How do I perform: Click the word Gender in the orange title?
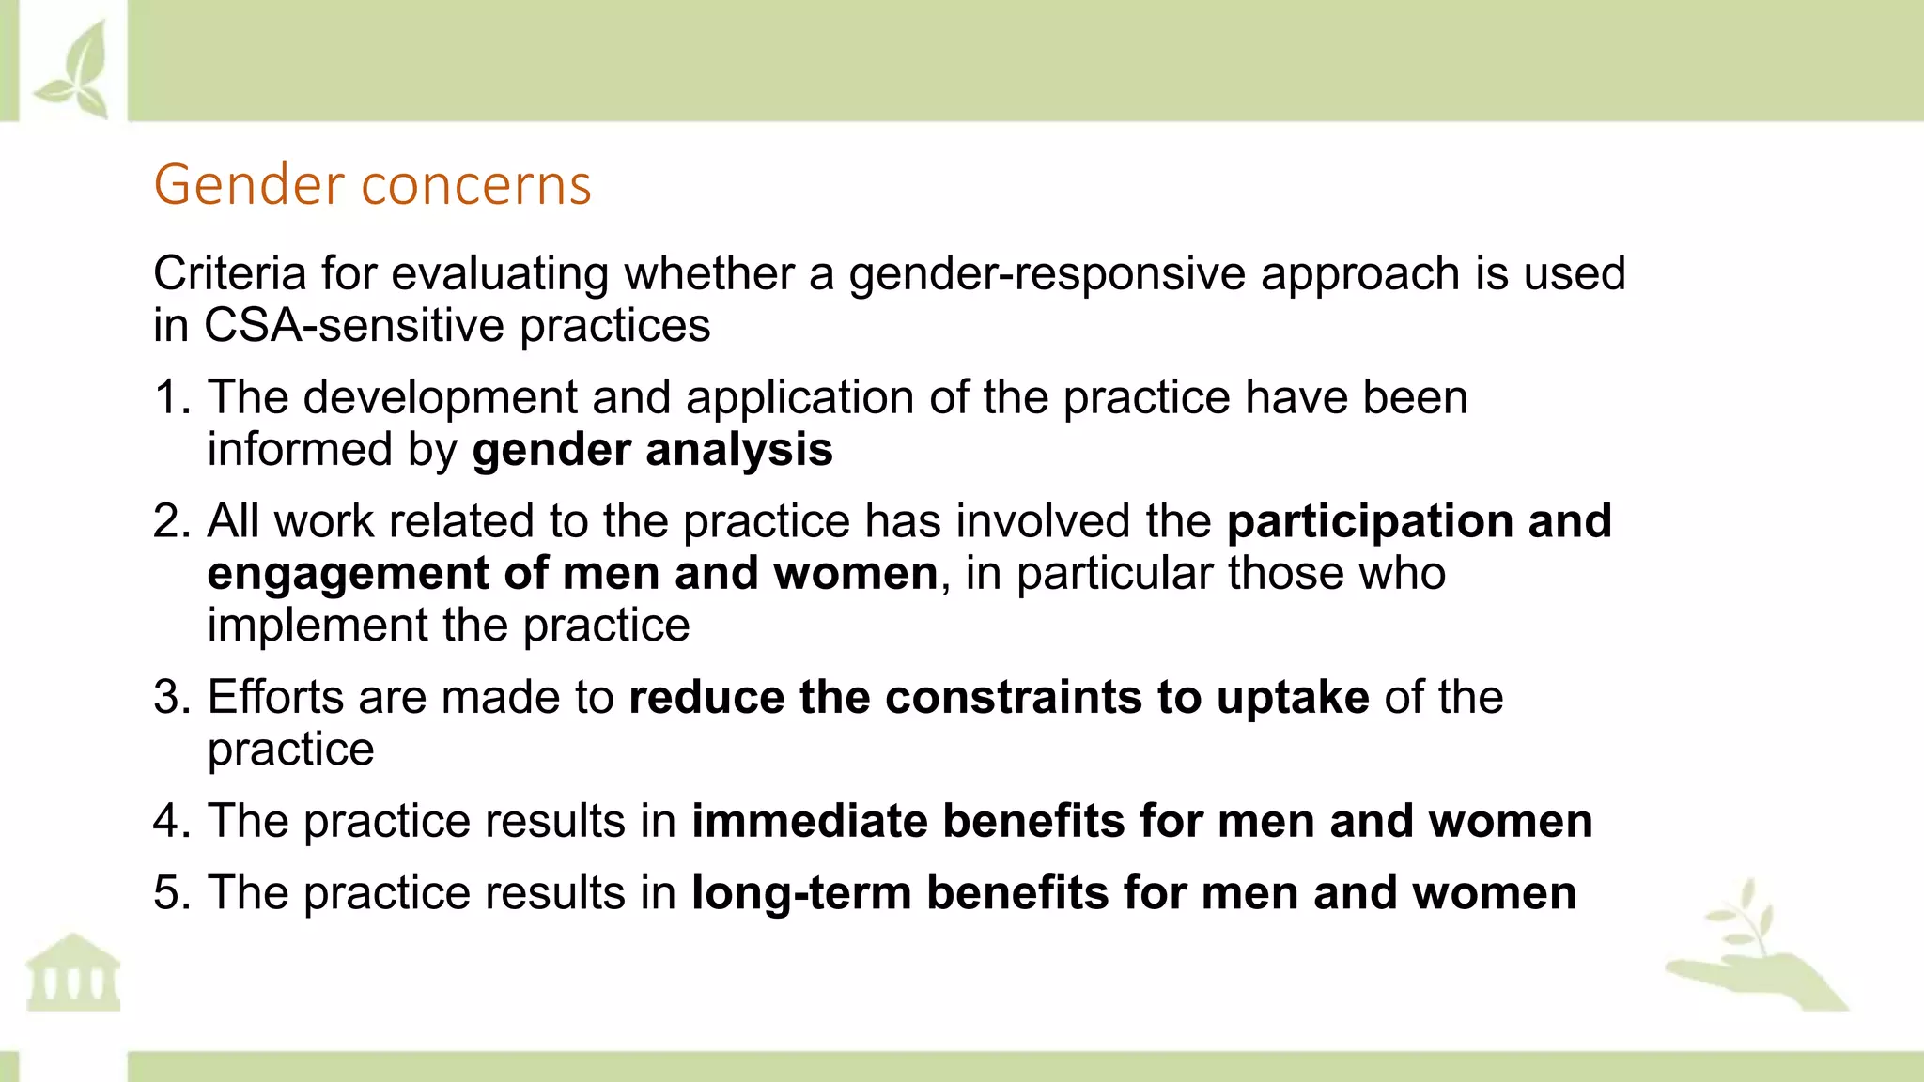coord(248,185)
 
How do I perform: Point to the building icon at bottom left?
coord(73,972)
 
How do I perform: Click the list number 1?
coord(169,397)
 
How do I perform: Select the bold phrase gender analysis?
coord(652,450)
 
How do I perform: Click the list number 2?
coord(169,521)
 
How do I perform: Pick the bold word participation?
coord(1370,521)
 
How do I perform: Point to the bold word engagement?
coord(348,574)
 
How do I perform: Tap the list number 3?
coord(169,698)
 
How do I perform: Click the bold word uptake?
coord(1293,698)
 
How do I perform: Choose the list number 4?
coord(169,821)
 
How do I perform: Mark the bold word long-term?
coord(801,892)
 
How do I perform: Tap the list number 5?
coord(169,892)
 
